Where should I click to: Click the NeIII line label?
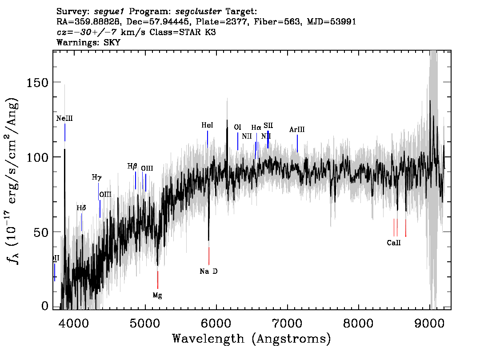[64, 119]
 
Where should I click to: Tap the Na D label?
[208, 271]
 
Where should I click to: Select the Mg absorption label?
[157, 295]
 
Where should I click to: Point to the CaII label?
[394, 243]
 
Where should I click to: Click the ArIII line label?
[297, 129]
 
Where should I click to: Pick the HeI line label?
[207, 125]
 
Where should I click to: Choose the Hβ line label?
[132, 166]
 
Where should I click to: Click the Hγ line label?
[96, 177]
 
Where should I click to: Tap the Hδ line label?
[81, 208]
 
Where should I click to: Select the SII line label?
[268, 125]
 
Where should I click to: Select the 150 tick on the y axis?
[39, 82]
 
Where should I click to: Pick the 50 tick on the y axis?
[42, 232]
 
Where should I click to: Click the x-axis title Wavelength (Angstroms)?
[252, 339]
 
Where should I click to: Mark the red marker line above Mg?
[157, 280]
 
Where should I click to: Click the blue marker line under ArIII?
[297, 143]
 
